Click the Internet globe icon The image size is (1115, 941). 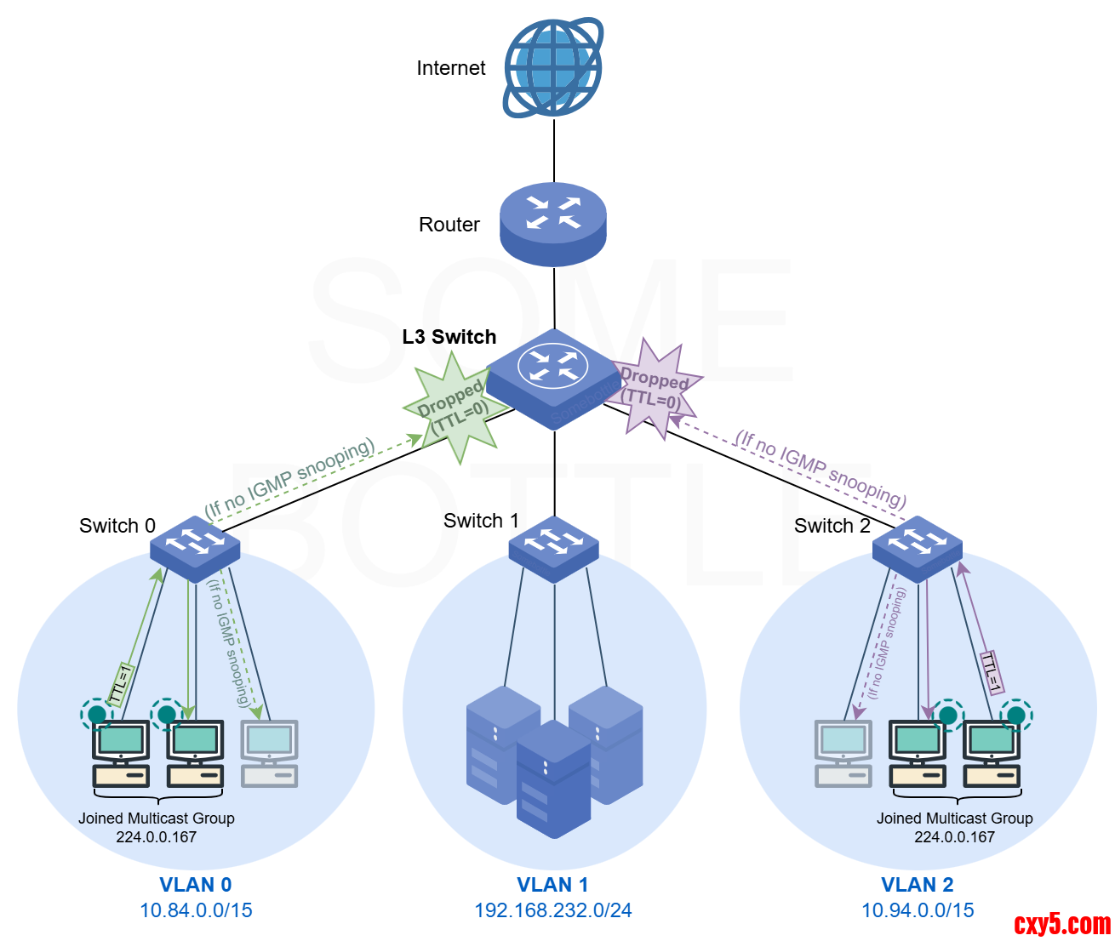[553, 68]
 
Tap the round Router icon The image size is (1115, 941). [553, 223]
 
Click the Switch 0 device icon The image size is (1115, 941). [195, 548]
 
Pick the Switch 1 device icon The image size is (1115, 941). [554, 549]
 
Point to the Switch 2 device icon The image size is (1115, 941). [918, 549]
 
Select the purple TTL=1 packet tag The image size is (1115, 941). [992, 672]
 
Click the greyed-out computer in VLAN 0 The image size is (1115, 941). [270, 753]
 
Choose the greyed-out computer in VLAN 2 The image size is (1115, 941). [843, 753]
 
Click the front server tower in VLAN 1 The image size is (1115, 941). [553, 778]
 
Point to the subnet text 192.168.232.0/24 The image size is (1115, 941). [553, 910]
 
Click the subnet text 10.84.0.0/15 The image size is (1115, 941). [196, 910]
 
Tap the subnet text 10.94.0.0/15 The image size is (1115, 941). [918, 910]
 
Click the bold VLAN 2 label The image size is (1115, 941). [918, 885]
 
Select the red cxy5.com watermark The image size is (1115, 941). [1062, 923]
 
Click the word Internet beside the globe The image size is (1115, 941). [450, 68]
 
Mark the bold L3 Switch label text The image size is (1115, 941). [449, 337]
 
